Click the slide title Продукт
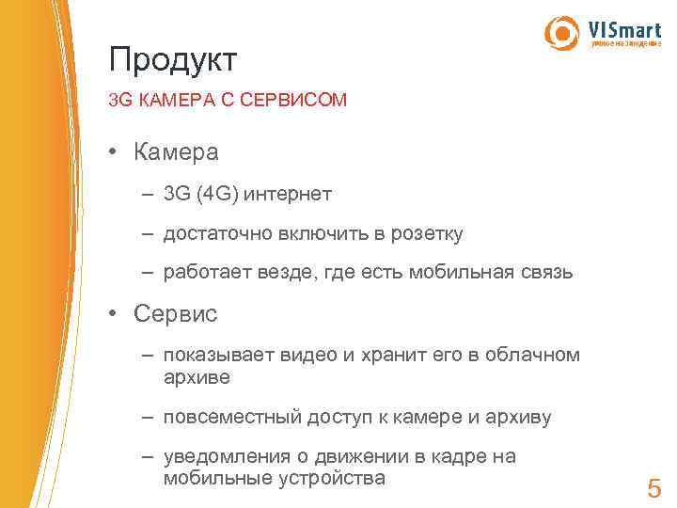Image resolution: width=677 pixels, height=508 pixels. [x=173, y=60]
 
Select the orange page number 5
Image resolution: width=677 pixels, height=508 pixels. [x=654, y=488]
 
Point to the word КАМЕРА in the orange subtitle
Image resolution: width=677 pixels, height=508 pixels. [x=178, y=99]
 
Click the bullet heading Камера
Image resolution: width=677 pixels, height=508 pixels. [x=177, y=151]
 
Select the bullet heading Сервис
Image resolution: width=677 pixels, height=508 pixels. [x=176, y=313]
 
